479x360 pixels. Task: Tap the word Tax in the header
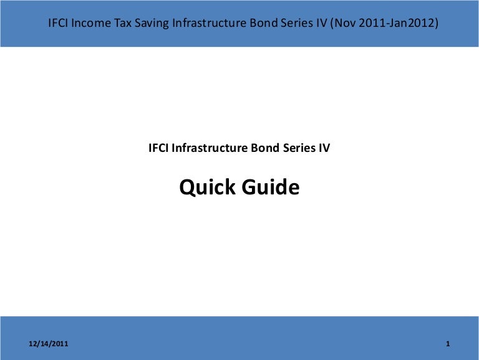click(x=122, y=24)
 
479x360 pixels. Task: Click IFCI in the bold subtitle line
click(x=158, y=149)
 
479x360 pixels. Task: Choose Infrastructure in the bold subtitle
click(x=210, y=149)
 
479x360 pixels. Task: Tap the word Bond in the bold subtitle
click(x=263, y=149)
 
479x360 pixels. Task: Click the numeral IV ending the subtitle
click(x=324, y=149)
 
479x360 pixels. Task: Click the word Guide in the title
click(x=269, y=187)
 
